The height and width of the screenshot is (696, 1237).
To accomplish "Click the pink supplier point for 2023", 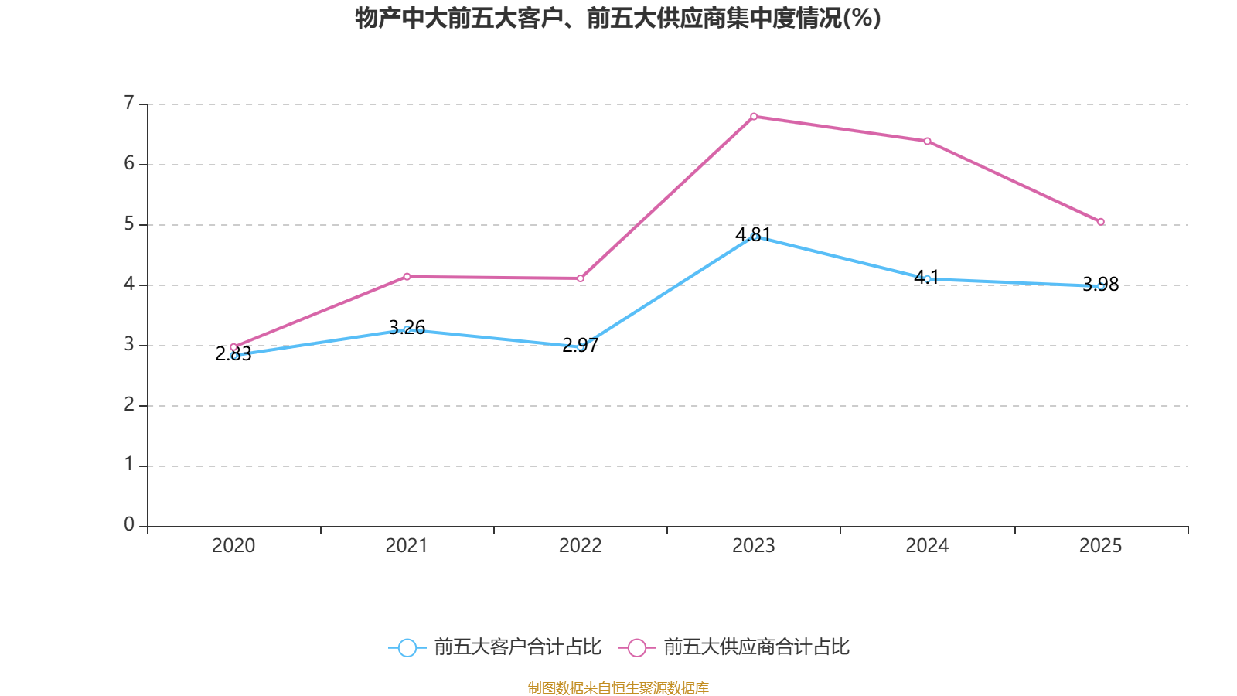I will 754,116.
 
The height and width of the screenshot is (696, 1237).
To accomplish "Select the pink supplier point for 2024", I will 927,141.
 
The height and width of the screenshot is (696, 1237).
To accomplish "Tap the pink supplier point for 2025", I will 1101,222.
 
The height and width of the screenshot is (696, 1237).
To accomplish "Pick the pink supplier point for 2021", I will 407,276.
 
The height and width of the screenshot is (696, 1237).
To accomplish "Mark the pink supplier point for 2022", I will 581,278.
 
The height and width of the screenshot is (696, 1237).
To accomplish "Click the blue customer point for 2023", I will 754,237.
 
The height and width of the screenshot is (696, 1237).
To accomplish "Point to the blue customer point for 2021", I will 407,329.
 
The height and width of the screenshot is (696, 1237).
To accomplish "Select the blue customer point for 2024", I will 927,278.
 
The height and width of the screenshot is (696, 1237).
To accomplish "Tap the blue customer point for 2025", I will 1101,286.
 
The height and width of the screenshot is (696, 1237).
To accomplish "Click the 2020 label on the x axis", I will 233,546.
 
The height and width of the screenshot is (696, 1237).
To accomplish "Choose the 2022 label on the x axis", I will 581,546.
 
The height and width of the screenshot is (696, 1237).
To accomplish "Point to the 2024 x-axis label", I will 927,546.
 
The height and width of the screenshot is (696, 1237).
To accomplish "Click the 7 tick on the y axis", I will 129,103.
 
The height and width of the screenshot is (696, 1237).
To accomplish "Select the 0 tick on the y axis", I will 129,525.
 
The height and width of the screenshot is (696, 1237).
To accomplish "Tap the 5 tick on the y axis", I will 129,224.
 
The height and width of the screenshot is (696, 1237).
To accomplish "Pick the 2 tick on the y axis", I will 129,404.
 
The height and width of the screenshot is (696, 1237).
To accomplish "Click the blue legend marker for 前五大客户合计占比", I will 407,647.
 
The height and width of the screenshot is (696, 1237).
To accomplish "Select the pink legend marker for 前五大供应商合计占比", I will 636,647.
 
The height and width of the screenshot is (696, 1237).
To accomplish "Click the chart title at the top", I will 618,18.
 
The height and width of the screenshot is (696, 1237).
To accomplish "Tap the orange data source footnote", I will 618,687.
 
